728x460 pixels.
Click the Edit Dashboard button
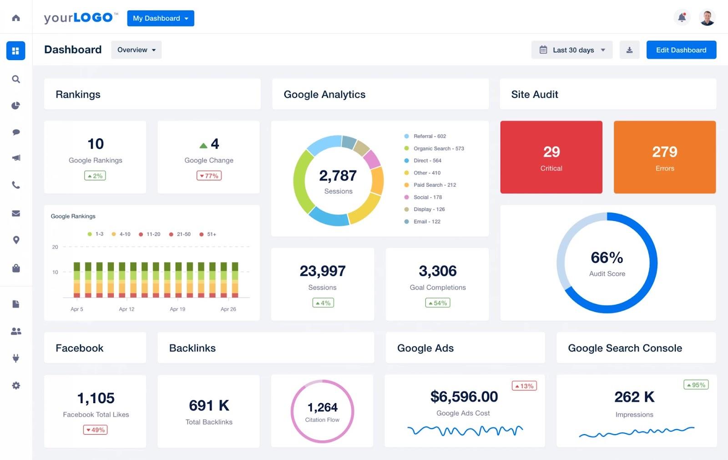coord(681,50)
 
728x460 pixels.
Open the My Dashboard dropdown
coord(160,18)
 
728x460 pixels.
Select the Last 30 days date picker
coord(572,50)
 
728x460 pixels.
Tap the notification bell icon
coord(682,18)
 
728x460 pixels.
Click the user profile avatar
coord(707,18)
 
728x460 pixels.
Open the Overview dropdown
coord(136,50)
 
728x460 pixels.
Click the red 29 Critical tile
coord(551,157)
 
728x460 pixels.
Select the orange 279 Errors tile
coord(664,157)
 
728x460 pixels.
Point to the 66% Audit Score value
coord(607,258)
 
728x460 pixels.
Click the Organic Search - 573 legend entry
coord(438,149)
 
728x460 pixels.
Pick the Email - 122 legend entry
coord(426,222)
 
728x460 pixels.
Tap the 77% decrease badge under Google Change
coord(209,176)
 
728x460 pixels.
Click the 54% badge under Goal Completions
coord(437,303)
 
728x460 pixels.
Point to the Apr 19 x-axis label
coord(177,309)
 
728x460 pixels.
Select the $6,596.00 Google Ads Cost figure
coord(464,397)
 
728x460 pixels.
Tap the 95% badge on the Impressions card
coord(696,385)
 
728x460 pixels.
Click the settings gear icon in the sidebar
coord(16,385)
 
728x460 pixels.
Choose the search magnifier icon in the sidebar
coord(16,79)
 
